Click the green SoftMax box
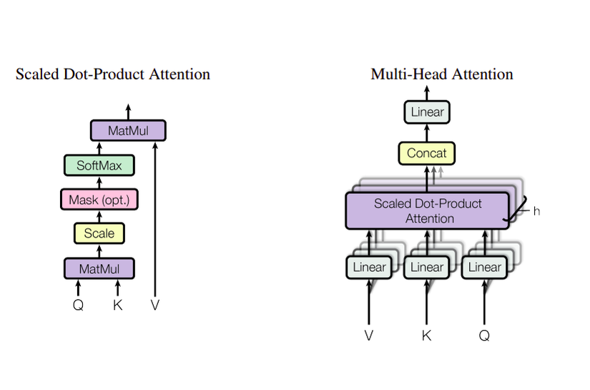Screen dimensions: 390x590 point(99,165)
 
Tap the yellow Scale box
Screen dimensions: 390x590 point(99,233)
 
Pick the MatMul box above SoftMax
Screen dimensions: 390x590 point(128,131)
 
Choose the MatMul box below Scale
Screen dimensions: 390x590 point(99,268)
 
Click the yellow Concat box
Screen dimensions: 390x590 point(426,153)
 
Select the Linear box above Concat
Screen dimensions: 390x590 point(428,112)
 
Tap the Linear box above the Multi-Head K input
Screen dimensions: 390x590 point(427,268)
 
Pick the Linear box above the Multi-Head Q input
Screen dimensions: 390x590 point(484,268)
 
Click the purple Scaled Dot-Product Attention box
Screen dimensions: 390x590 point(428,210)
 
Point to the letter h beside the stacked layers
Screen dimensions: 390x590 point(536,211)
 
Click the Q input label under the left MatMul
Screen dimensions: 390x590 point(79,304)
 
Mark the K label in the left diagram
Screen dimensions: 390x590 point(118,304)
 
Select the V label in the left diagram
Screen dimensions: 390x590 point(155,304)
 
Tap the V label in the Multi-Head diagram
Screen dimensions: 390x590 point(369,334)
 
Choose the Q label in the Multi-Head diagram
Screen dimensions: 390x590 point(484,334)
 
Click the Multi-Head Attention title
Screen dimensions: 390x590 point(441,74)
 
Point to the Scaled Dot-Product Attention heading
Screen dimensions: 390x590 point(113,74)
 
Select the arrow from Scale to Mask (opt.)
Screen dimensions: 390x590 point(99,216)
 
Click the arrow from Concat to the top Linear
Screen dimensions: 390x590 point(428,133)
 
